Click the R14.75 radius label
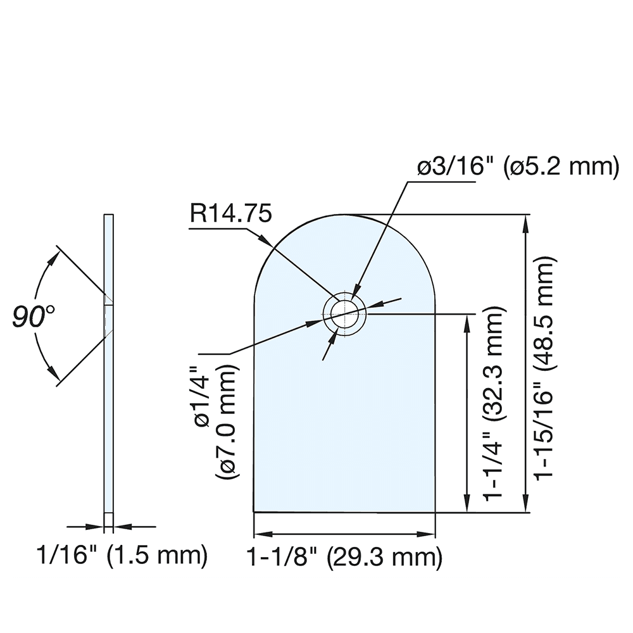(232, 214)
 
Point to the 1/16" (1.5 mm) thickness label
(122, 556)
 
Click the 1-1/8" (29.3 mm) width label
(344, 558)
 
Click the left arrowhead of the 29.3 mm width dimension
(257, 534)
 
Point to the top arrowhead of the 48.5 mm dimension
(525, 219)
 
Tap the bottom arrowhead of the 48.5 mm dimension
(525, 508)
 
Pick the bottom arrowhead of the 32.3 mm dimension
(468, 508)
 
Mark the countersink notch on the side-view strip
(109, 314)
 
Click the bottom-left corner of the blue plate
(254, 511)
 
